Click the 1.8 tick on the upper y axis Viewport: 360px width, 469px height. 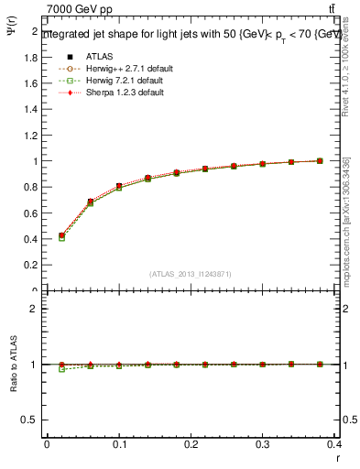coord(33,57)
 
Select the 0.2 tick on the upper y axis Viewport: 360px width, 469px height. coord(33,265)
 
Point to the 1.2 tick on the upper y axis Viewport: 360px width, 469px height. coord(33,135)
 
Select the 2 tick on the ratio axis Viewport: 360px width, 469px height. coord(37,309)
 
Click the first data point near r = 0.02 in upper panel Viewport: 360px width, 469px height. coord(61,235)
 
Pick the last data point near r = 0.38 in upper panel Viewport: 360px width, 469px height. coord(320,160)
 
